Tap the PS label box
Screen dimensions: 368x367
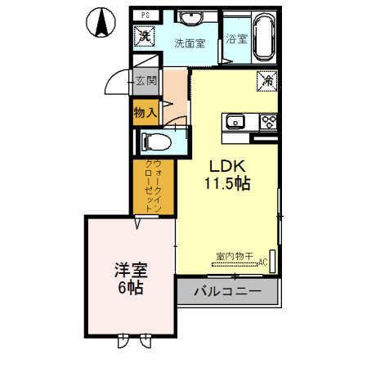click(x=144, y=15)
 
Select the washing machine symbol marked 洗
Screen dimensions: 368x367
click(x=145, y=36)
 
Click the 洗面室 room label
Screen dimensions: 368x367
click(x=190, y=43)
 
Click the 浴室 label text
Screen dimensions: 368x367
click(x=236, y=38)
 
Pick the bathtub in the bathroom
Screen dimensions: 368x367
click(x=264, y=39)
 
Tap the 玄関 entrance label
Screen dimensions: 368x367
click(x=145, y=80)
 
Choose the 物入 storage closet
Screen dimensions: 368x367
click(x=145, y=112)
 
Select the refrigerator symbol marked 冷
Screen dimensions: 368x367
click(x=267, y=81)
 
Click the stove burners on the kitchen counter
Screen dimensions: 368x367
click(x=267, y=123)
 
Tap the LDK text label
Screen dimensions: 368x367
click(x=222, y=164)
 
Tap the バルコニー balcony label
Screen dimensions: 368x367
click(x=227, y=292)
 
